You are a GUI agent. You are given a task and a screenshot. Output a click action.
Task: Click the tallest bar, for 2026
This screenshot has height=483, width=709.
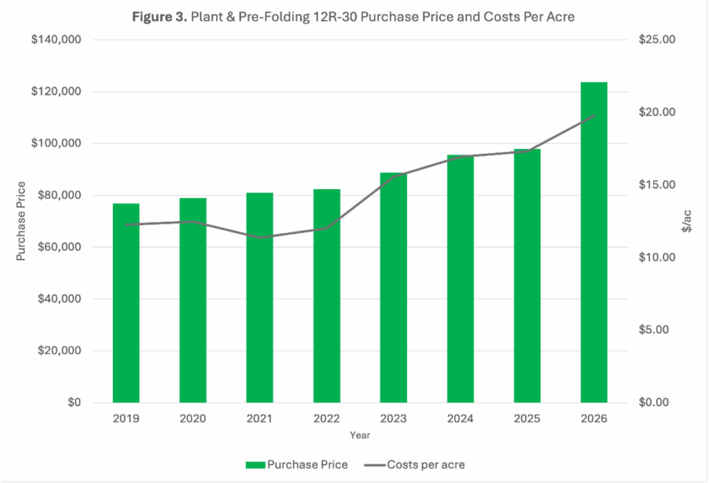tap(593, 243)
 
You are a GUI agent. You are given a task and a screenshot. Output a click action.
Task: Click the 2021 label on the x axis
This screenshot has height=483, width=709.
tap(260, 419)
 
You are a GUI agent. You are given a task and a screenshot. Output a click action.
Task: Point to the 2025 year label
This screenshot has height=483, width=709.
tap(527, 419)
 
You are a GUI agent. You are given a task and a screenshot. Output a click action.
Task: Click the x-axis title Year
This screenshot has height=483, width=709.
tap(359, 436)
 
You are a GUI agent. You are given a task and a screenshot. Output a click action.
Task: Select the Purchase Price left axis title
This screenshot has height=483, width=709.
tap(21, 220)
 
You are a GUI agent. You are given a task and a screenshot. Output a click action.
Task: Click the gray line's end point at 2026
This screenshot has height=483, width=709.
tap(593, 116)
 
